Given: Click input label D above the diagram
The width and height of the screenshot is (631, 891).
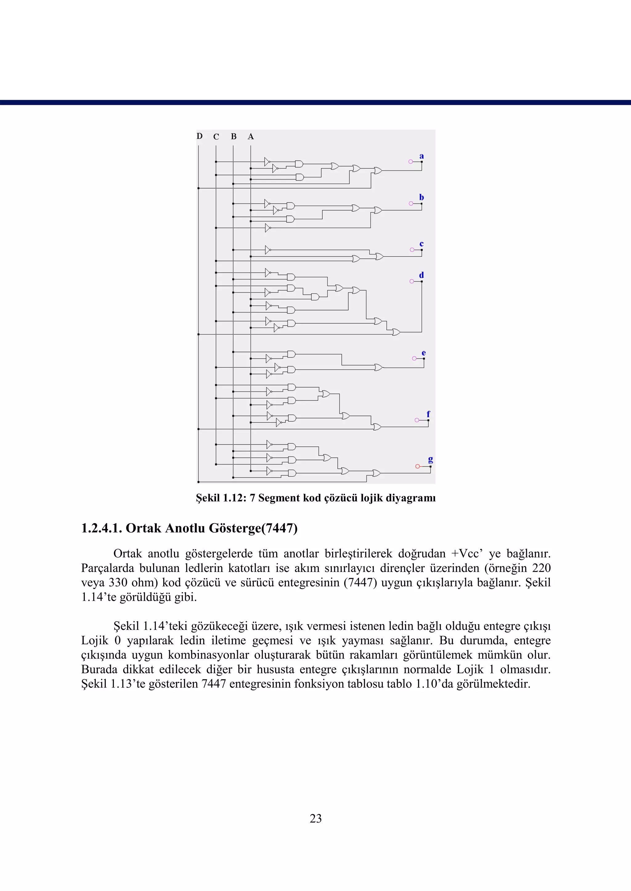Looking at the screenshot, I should click(199, 136).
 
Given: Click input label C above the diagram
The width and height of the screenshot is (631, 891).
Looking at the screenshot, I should click(216, 137).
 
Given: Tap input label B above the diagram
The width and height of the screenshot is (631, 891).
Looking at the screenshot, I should click(234, 137).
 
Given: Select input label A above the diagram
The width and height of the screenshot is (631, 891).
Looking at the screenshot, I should click(250, 137).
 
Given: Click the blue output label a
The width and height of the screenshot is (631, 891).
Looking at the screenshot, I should click(421, 156).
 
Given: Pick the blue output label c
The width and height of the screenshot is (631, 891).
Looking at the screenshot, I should click(421, 244).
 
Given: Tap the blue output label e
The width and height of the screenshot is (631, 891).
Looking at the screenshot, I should click(424, 353).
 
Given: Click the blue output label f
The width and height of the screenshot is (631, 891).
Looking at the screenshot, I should click(428, 414).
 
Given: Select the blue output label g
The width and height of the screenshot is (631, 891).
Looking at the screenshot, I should click(430, 459).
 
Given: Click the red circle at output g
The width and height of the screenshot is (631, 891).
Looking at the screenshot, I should click(417, 466).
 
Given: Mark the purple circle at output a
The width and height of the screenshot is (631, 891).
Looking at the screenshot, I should click(410, 162).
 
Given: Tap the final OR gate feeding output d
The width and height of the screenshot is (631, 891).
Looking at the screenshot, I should click(396, 332).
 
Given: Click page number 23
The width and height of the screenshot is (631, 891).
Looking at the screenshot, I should click(315, 818).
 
